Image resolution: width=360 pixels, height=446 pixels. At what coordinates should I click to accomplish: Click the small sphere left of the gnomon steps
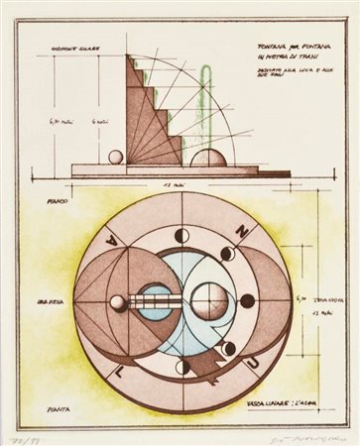[x=116, y=157]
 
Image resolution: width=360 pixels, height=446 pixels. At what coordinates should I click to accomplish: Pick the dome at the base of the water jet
[x=210, y=157]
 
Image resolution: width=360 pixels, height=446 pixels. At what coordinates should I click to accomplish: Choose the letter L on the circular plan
[x=123, y=369]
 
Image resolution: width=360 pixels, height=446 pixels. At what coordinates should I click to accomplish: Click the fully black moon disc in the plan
[x=247, y=300]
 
